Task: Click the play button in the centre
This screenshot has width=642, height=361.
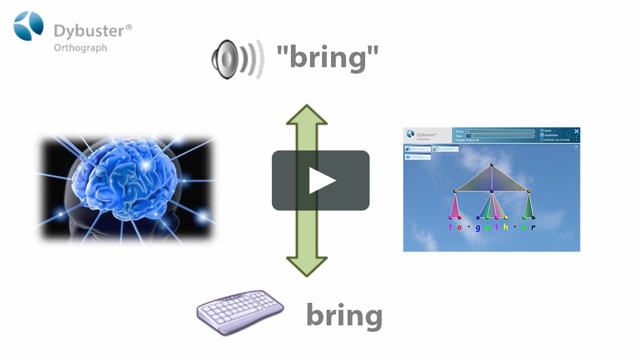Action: point(321,180)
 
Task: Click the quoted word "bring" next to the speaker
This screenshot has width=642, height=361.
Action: point(328,57)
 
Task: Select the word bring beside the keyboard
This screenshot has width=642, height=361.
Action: point(344,315)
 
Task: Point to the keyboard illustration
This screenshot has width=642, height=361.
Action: point(240,312)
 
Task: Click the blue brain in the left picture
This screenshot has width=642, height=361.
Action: point(125,180)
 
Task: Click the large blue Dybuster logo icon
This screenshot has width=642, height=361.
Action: point(29,26)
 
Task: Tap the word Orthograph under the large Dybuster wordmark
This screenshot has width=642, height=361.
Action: point(80,48)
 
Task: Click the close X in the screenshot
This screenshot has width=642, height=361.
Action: point(577,131)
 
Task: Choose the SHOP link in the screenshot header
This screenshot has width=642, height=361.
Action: point(548,131)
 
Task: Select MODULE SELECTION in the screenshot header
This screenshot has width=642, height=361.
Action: point(557,140)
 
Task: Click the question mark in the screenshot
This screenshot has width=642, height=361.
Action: point(575,147)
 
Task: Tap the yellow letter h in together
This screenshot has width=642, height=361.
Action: point(506,227)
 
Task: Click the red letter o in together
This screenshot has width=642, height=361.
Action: point(459,228)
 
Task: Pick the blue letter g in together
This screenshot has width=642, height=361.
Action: point(478,228)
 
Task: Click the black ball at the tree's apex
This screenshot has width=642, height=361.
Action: point(492,164)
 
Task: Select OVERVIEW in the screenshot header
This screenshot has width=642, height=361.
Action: point(551,135)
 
